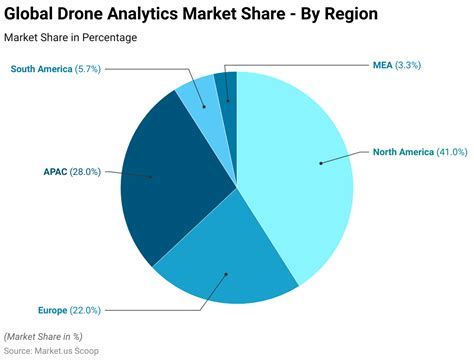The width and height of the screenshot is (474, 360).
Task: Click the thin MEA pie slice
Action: click(227, 87)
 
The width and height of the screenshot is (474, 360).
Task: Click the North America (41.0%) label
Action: click(418, 152)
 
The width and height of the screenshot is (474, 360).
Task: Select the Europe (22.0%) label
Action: click(69, 310)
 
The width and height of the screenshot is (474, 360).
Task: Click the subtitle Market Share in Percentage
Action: click(71, 37)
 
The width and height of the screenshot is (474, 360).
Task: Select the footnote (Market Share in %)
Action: click(45, 336)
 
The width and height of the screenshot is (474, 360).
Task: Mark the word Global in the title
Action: click(37, 15)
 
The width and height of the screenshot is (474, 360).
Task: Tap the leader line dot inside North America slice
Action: click(321, 162)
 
